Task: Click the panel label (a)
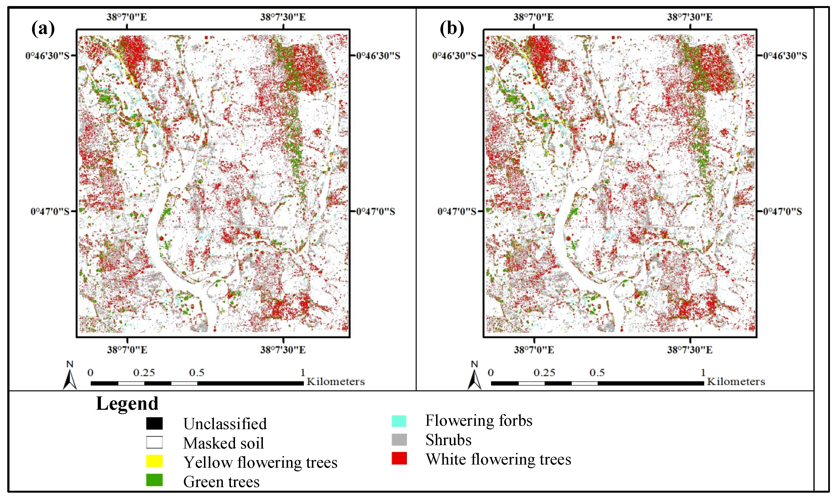click(x=43, y=29)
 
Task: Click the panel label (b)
click(x=452, y=29)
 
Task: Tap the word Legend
click(x=127, y=403)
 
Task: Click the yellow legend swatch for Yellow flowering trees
click(x=154, y=461)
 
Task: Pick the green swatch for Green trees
click(x=154, y=480)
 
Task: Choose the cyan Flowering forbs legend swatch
click(x=399, y=421)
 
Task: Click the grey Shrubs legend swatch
click(x=399, y=440)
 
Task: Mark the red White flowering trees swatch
click(x=399, y=458)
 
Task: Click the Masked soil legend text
click(x=224, y=443)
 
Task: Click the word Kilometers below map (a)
click(x=336, y=382)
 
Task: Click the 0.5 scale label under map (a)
click(x=197, y=372)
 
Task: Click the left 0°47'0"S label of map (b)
click(x=456, y=211)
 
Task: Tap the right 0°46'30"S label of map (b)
click(x=785, y=56)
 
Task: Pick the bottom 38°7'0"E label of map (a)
click(x=127, y=350)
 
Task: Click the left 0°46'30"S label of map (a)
click(x=47, y=56)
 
